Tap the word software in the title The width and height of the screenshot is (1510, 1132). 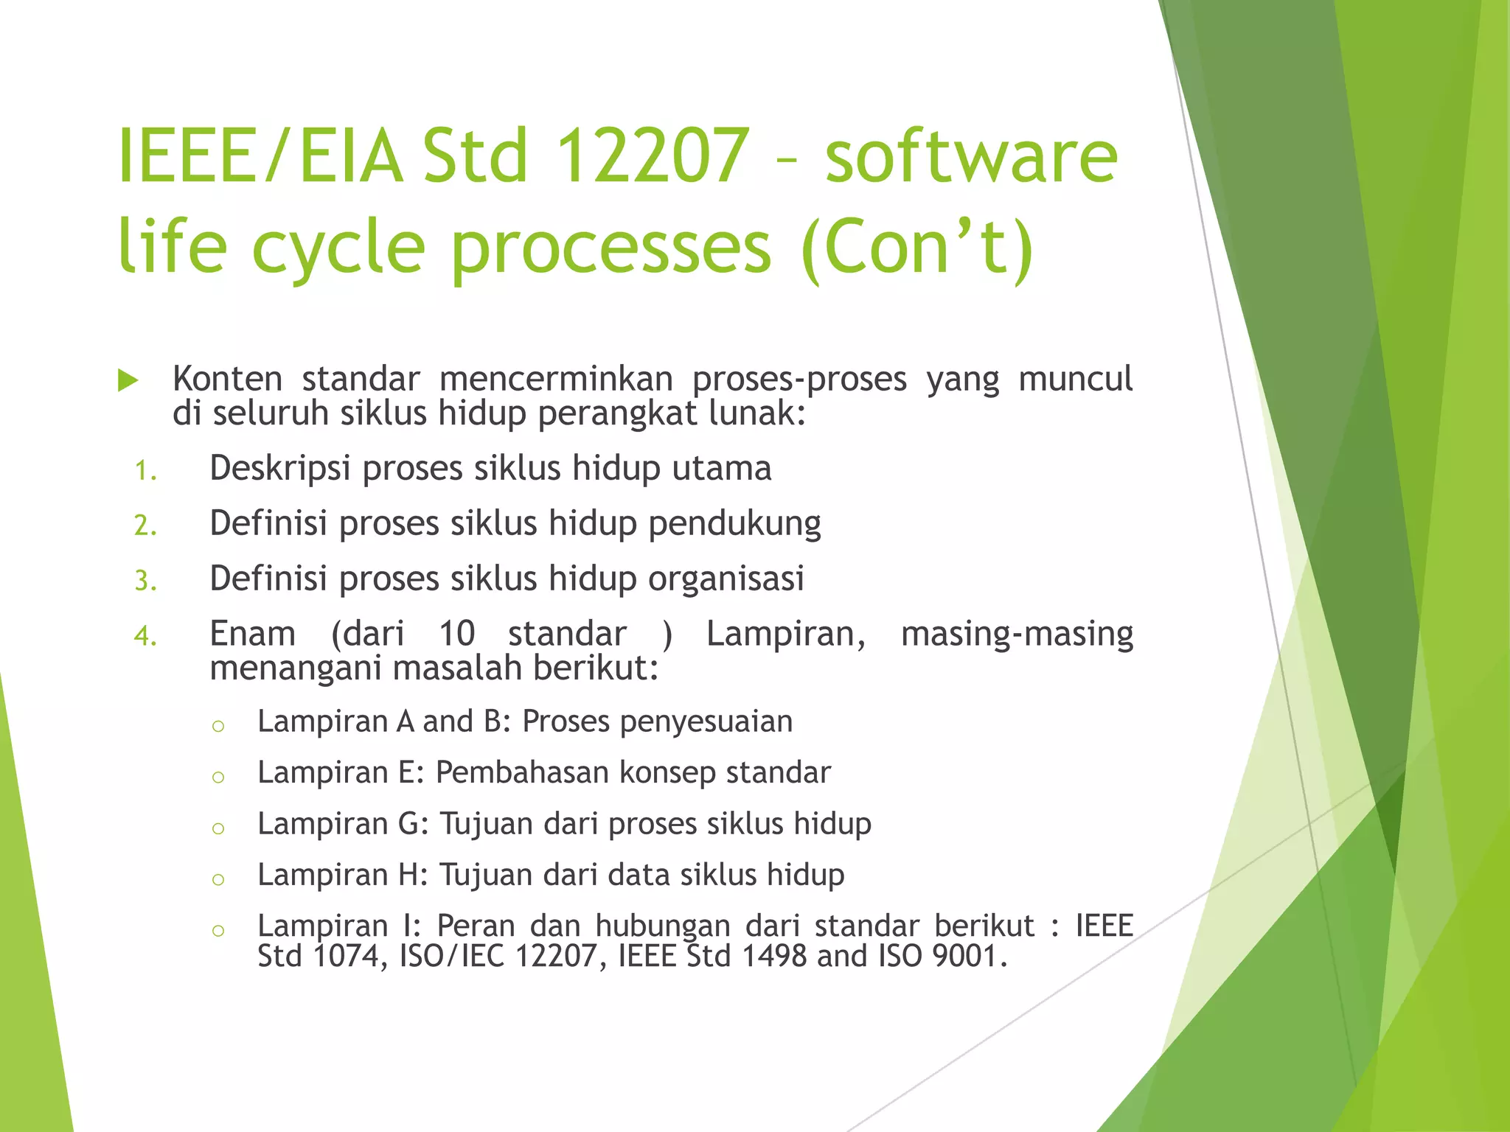(971, 156)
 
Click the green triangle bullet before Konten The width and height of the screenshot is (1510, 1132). (128, 381)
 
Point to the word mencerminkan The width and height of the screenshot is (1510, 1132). (556, 380)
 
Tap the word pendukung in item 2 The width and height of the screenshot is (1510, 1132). (734, 524)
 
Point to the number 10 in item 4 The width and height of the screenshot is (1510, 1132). (456, 634)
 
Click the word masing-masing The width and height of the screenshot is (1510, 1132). (1017, 635)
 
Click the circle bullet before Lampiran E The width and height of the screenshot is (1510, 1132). (218, 777)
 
